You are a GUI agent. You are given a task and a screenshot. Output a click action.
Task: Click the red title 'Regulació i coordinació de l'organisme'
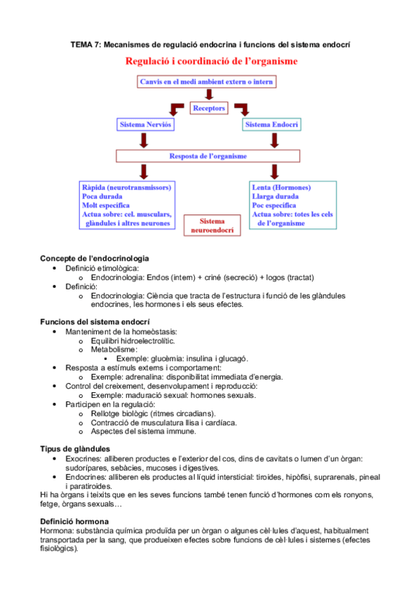point(211,62)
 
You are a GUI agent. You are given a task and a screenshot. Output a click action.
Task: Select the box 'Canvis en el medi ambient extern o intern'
point(207,82)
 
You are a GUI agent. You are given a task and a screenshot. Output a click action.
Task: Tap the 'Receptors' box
point(209,109)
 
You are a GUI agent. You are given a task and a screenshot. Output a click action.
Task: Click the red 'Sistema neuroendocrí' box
point(207,224)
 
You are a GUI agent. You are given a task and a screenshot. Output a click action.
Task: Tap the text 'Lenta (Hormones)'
point(281,188)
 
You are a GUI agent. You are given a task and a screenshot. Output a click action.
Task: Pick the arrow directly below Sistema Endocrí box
point(271,140)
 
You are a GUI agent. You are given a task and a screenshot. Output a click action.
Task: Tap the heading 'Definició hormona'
point(74,521)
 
